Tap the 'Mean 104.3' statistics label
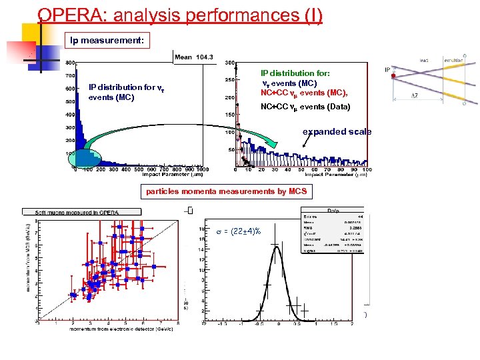coord(193,57)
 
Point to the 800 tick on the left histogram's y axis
coord(69,63)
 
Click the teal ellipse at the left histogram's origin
coord(86,159)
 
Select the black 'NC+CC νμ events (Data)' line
coord(305,106)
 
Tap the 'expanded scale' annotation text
coord(337,131)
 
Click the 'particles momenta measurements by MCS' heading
coord(227,192)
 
